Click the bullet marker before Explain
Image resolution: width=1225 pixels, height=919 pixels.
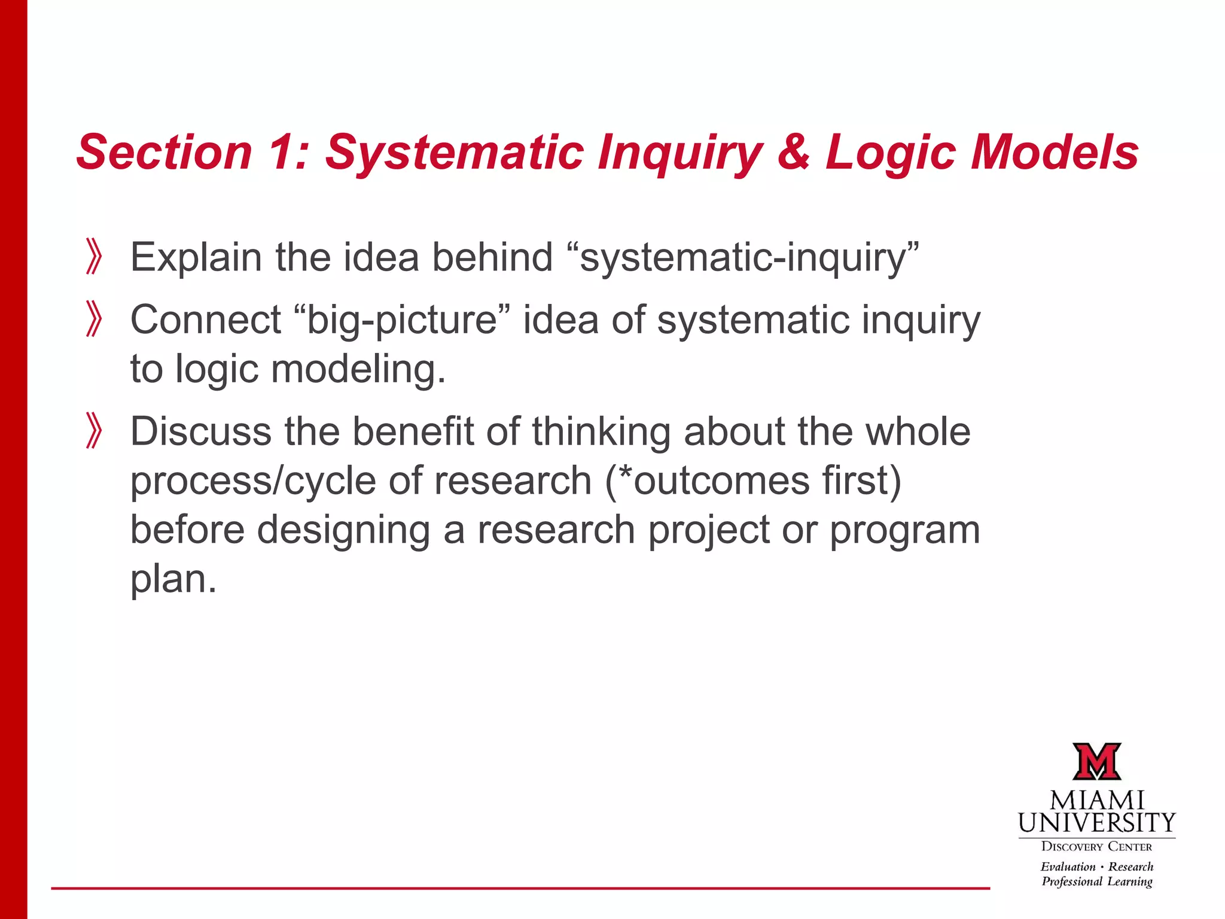(x=94, y=257)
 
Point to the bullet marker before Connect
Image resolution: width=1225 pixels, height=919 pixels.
(x=94, y=319)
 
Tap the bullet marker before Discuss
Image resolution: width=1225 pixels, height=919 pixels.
(x=94, y=431)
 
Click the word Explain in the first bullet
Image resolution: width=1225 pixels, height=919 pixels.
(x=196, y=258)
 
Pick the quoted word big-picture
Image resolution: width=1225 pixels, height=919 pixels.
(x=402, y=321)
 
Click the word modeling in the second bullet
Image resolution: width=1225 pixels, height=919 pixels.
(x=358, y=369)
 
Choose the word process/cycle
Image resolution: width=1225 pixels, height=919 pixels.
(x=253, y=482)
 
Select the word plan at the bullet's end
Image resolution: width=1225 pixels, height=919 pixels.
(x=173, y=580)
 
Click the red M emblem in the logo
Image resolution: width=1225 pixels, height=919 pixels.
(x=1096, y=762)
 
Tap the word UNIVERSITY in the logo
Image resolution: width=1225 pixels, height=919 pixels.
(x=1096, y=823)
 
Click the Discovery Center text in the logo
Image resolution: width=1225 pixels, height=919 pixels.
(x=1096, y=847)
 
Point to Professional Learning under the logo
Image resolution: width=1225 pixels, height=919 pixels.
(x=1096, y=881)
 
